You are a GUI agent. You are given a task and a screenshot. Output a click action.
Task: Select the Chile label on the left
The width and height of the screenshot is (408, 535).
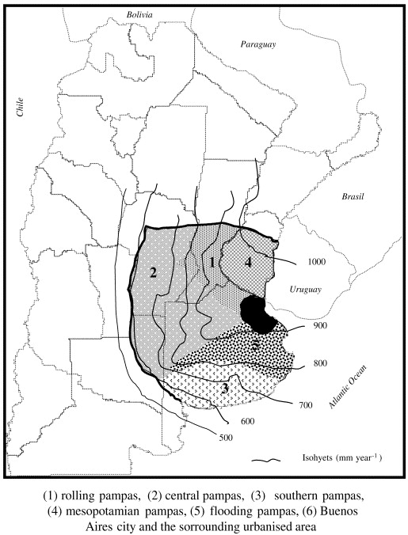click(21, 108)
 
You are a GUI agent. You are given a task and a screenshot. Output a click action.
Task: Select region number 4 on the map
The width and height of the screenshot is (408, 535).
click(248, 263)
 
